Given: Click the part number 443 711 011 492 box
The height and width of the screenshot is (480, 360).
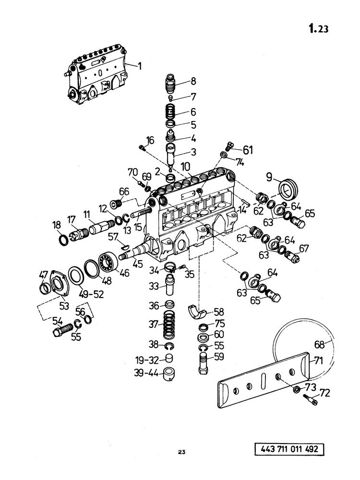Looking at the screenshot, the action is click(289, 449).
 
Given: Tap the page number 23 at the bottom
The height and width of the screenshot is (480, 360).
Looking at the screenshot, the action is click(181, 452).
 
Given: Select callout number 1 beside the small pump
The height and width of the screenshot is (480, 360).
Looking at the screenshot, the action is click(140, 66).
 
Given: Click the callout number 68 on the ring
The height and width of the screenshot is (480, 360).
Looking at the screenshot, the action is click(320, 345).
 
